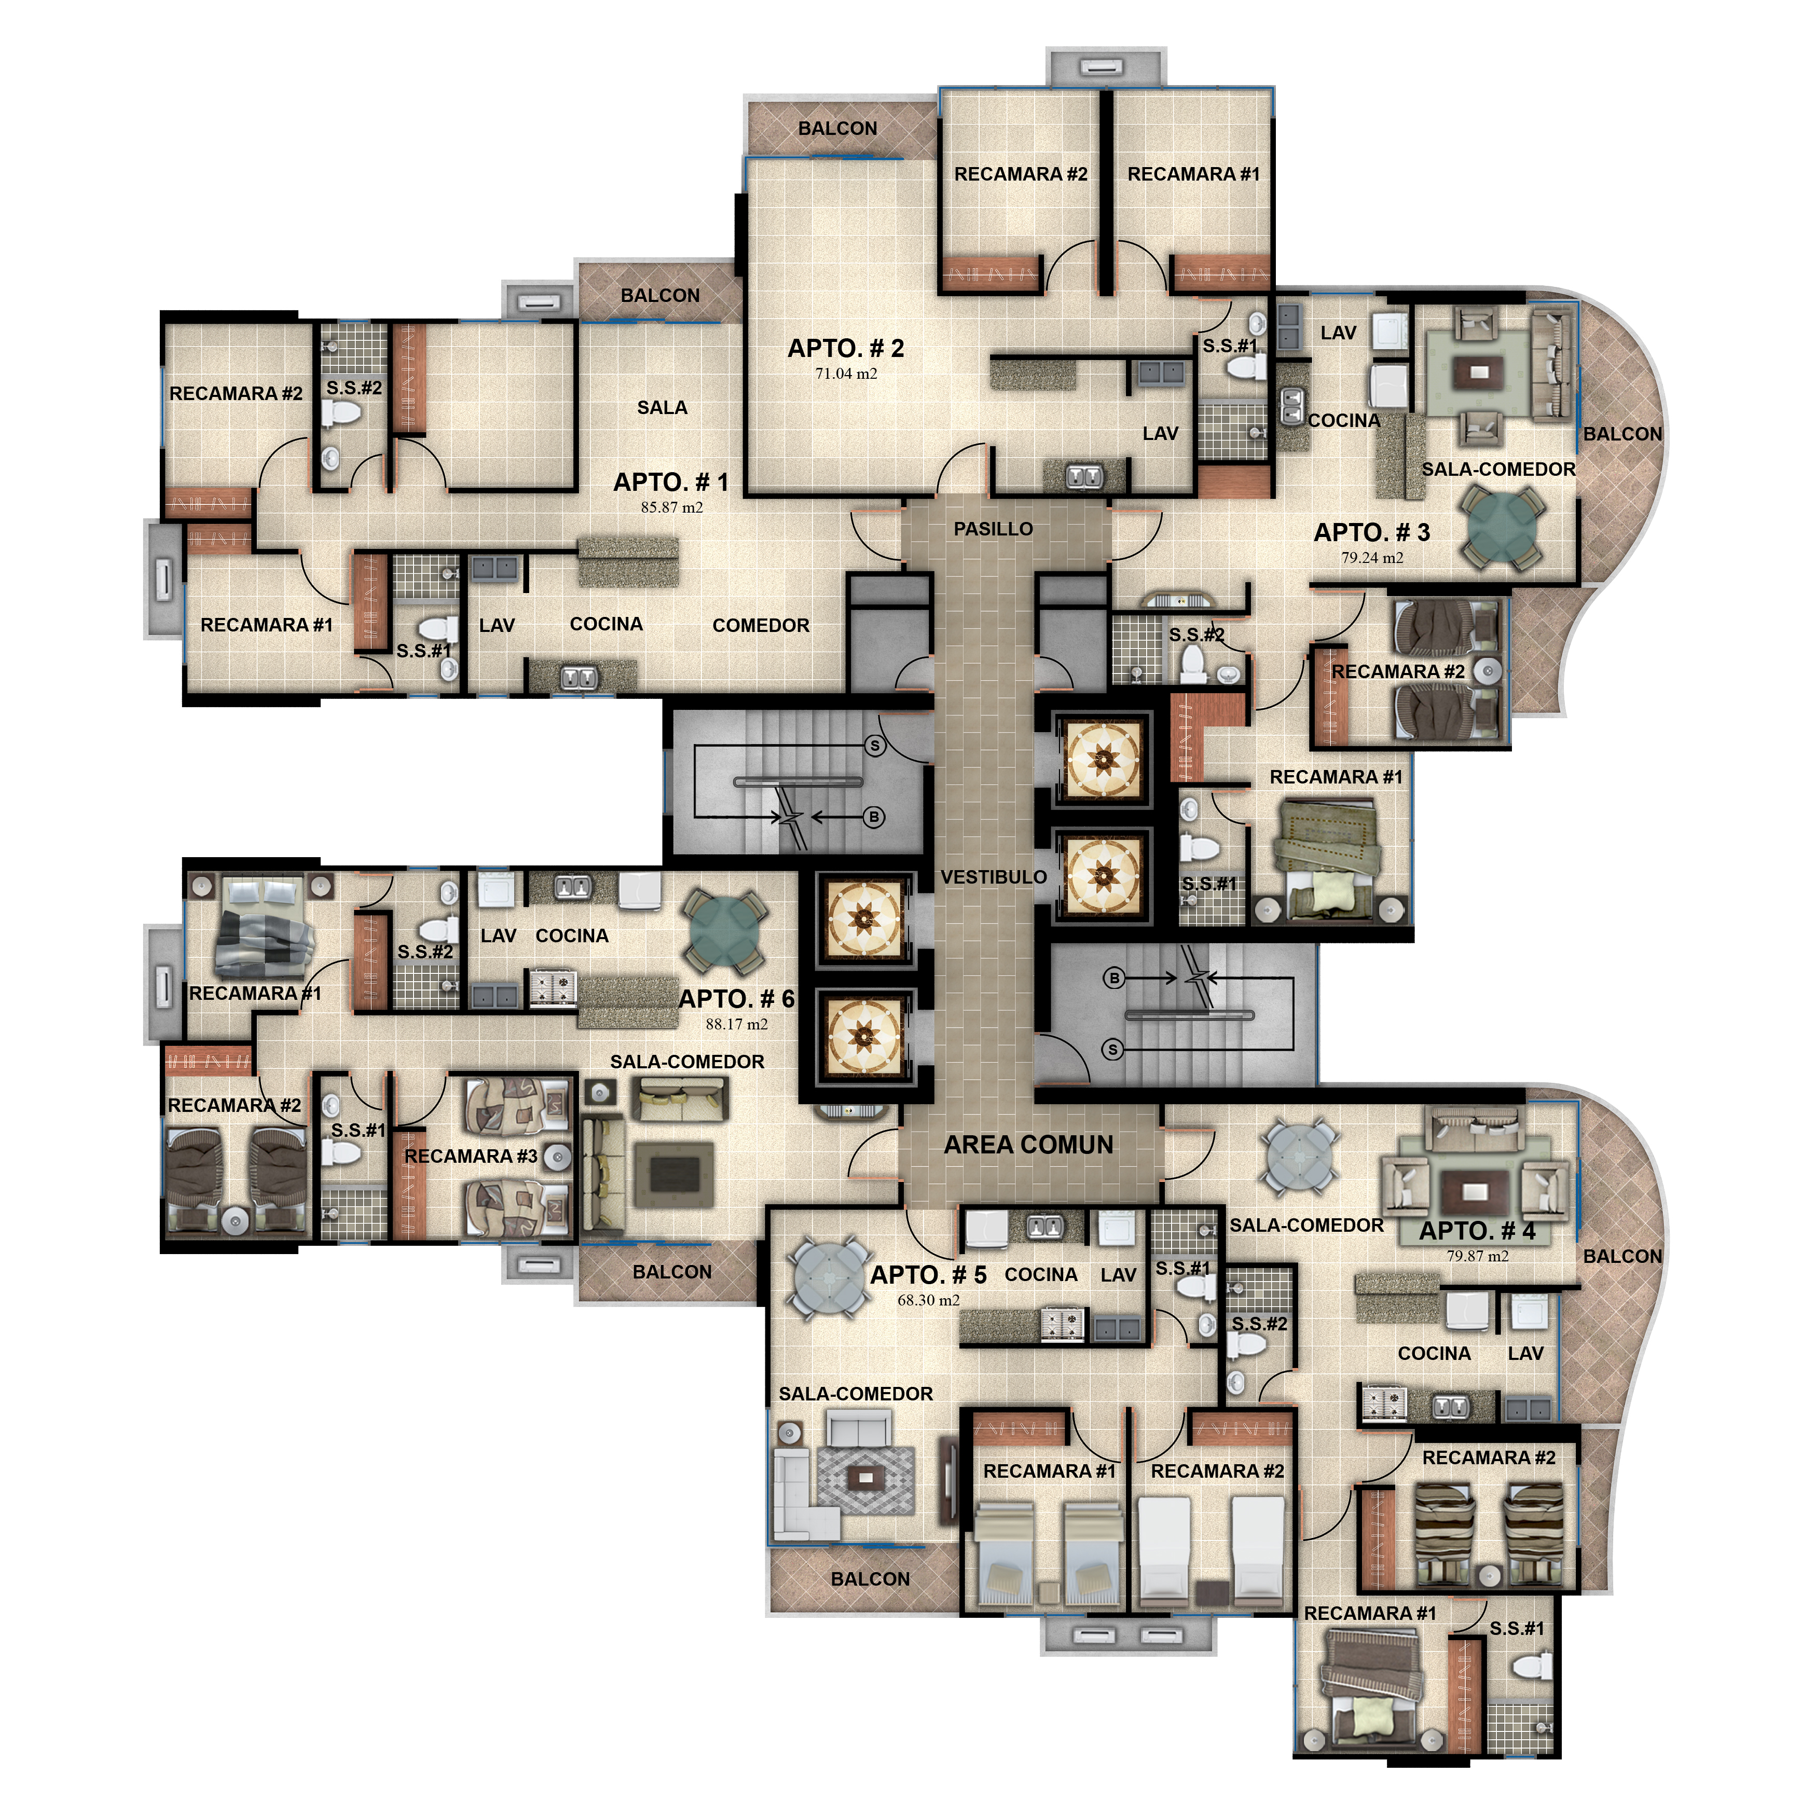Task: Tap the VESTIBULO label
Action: tap(994, 877)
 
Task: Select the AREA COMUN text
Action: tap(1028, 1145)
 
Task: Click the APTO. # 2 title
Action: tap(845, 349)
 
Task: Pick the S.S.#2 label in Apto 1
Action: tap(354, 388)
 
